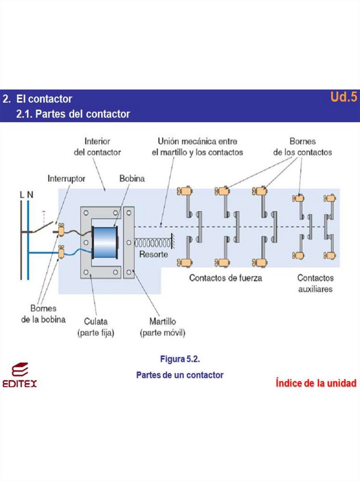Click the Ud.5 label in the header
tap(344, 97)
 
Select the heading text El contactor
tap(44, 99)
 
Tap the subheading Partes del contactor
tap(73, 114)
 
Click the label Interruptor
tap(66, 178)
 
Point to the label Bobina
tap(132, 178)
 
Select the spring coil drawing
tap(152, 243)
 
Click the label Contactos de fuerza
tap(225, 278)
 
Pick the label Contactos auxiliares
tap(315, 283)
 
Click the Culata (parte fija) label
tap(95, 327)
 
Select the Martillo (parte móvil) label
tap(162, 327)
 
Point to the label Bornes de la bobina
tap(43, 314)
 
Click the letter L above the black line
tap(22, 194)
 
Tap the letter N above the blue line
tap(30, 194)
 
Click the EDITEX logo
tap(20, 375)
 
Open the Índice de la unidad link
tap(315, 383)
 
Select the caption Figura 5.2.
tap(180, 359)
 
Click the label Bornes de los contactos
tap(302, 147)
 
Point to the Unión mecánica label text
tap(197, 147)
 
